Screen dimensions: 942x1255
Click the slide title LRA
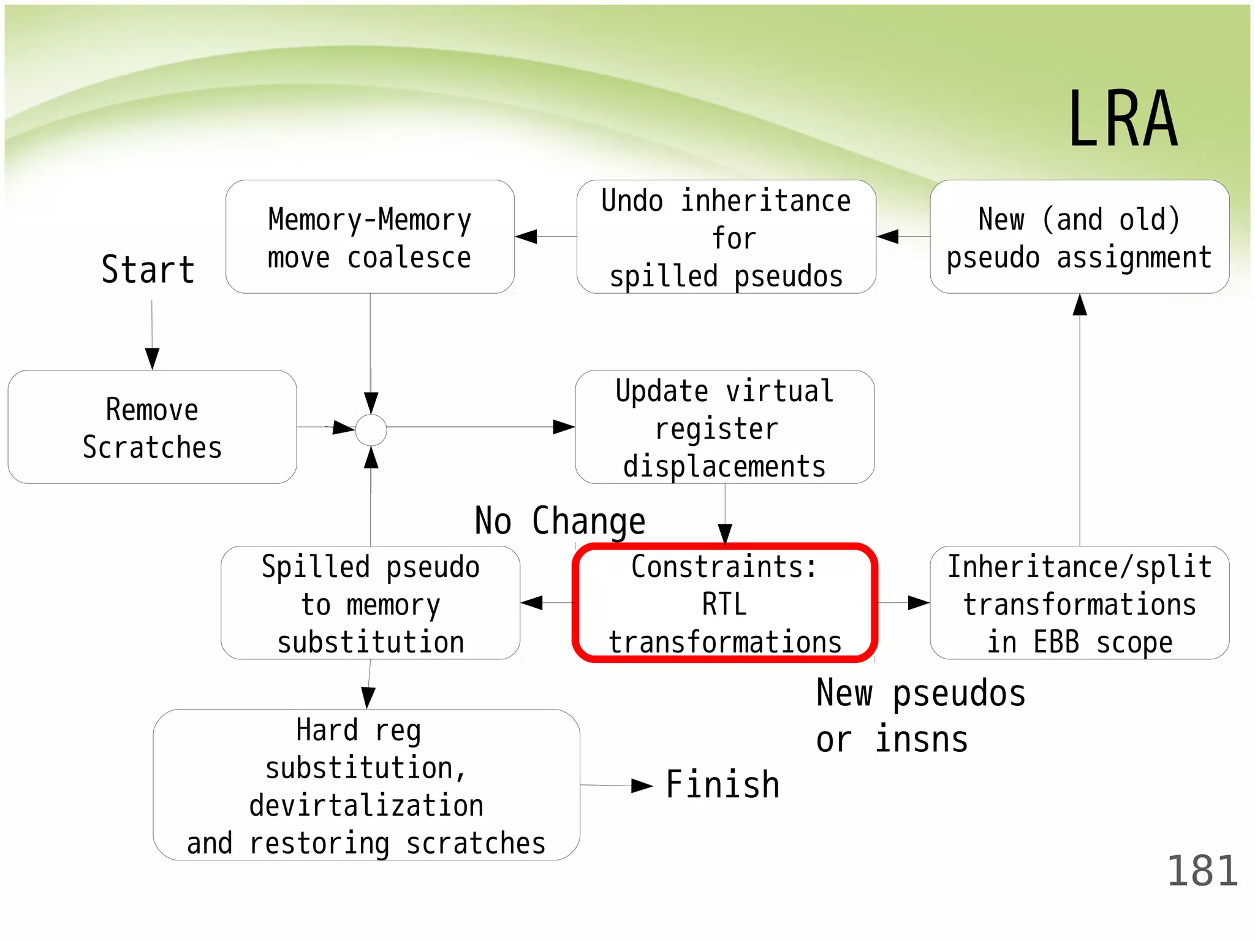tap(1123, 120)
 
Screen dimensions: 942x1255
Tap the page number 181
tap(1202, 871)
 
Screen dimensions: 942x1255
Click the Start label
tap(148, 270)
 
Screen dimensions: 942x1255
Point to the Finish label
tap(722, 785)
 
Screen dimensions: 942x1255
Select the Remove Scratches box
tap(152, 427)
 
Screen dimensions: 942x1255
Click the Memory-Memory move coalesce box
tap(370, 237)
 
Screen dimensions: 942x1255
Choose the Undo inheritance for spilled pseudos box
tap(726, 237)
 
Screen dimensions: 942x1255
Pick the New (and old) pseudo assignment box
tap(1079, 237)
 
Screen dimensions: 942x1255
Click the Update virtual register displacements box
tap(724, 427)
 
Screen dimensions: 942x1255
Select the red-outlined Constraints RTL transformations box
tap(724, 603)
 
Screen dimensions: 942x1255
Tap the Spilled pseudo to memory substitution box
tap(370, 603)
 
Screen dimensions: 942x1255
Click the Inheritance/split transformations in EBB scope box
tap(1079, 603)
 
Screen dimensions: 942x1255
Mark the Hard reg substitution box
tap(366, 786)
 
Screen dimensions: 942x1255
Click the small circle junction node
tap(371, 430)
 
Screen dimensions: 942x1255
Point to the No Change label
tap(560, 521)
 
